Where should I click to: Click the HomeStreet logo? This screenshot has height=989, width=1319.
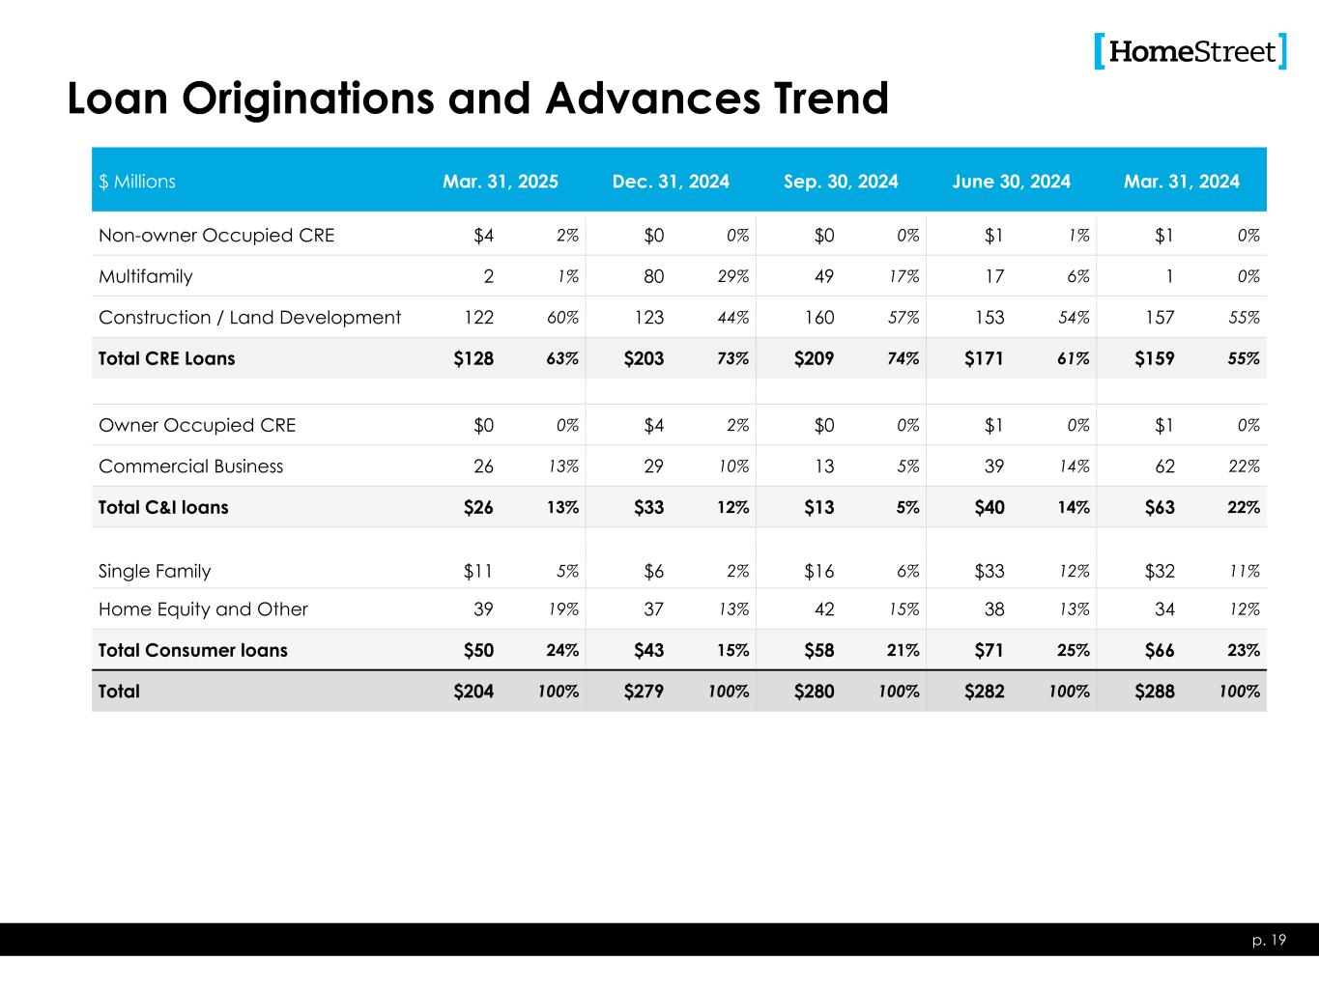(1190, 51)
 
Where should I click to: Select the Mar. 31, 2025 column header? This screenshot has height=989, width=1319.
(500, 182)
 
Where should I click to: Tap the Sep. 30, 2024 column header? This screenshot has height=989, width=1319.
(841, 182)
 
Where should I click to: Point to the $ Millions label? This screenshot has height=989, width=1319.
(137, 182)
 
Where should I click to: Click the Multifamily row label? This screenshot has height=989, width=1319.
(146, 276)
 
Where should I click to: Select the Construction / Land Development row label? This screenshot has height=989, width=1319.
(249, 318)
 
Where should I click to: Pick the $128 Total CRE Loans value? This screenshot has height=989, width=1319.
(473, 358)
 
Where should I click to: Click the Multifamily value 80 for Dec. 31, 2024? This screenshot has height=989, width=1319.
(653, 276)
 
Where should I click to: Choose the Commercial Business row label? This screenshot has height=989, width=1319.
(191, 466)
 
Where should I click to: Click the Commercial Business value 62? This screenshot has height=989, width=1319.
(1164, 466)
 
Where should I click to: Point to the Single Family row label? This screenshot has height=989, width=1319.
(155, 571)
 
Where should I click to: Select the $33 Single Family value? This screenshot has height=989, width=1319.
(989, 571)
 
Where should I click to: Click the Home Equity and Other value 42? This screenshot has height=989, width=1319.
(823, 609)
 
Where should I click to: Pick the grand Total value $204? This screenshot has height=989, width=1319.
(473, 692)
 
